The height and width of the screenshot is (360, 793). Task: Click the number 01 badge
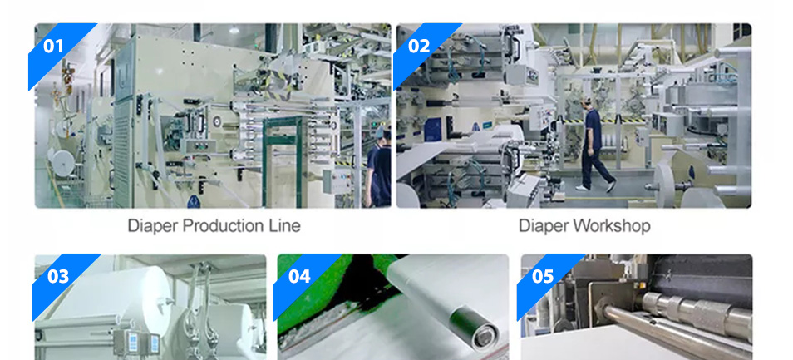[53, 46]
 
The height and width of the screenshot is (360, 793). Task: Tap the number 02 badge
[419, 46]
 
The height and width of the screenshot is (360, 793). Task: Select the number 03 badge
[57, 277]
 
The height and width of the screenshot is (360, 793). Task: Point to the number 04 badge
[299, 277]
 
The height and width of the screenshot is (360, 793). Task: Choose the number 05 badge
[543, 277]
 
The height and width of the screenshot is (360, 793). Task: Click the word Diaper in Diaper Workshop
[543, 225]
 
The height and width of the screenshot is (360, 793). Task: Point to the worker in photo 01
[380, 167]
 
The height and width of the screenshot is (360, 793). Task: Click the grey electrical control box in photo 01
[337, 181]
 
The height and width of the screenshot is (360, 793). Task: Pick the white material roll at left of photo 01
[64, 163]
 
